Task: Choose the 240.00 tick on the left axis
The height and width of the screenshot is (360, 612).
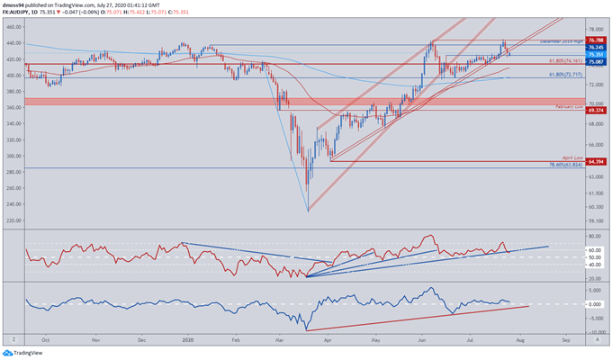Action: point(13,203)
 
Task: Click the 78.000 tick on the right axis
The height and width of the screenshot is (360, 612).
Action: point(595,28)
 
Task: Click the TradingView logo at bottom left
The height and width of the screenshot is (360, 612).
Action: point(27,354)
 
